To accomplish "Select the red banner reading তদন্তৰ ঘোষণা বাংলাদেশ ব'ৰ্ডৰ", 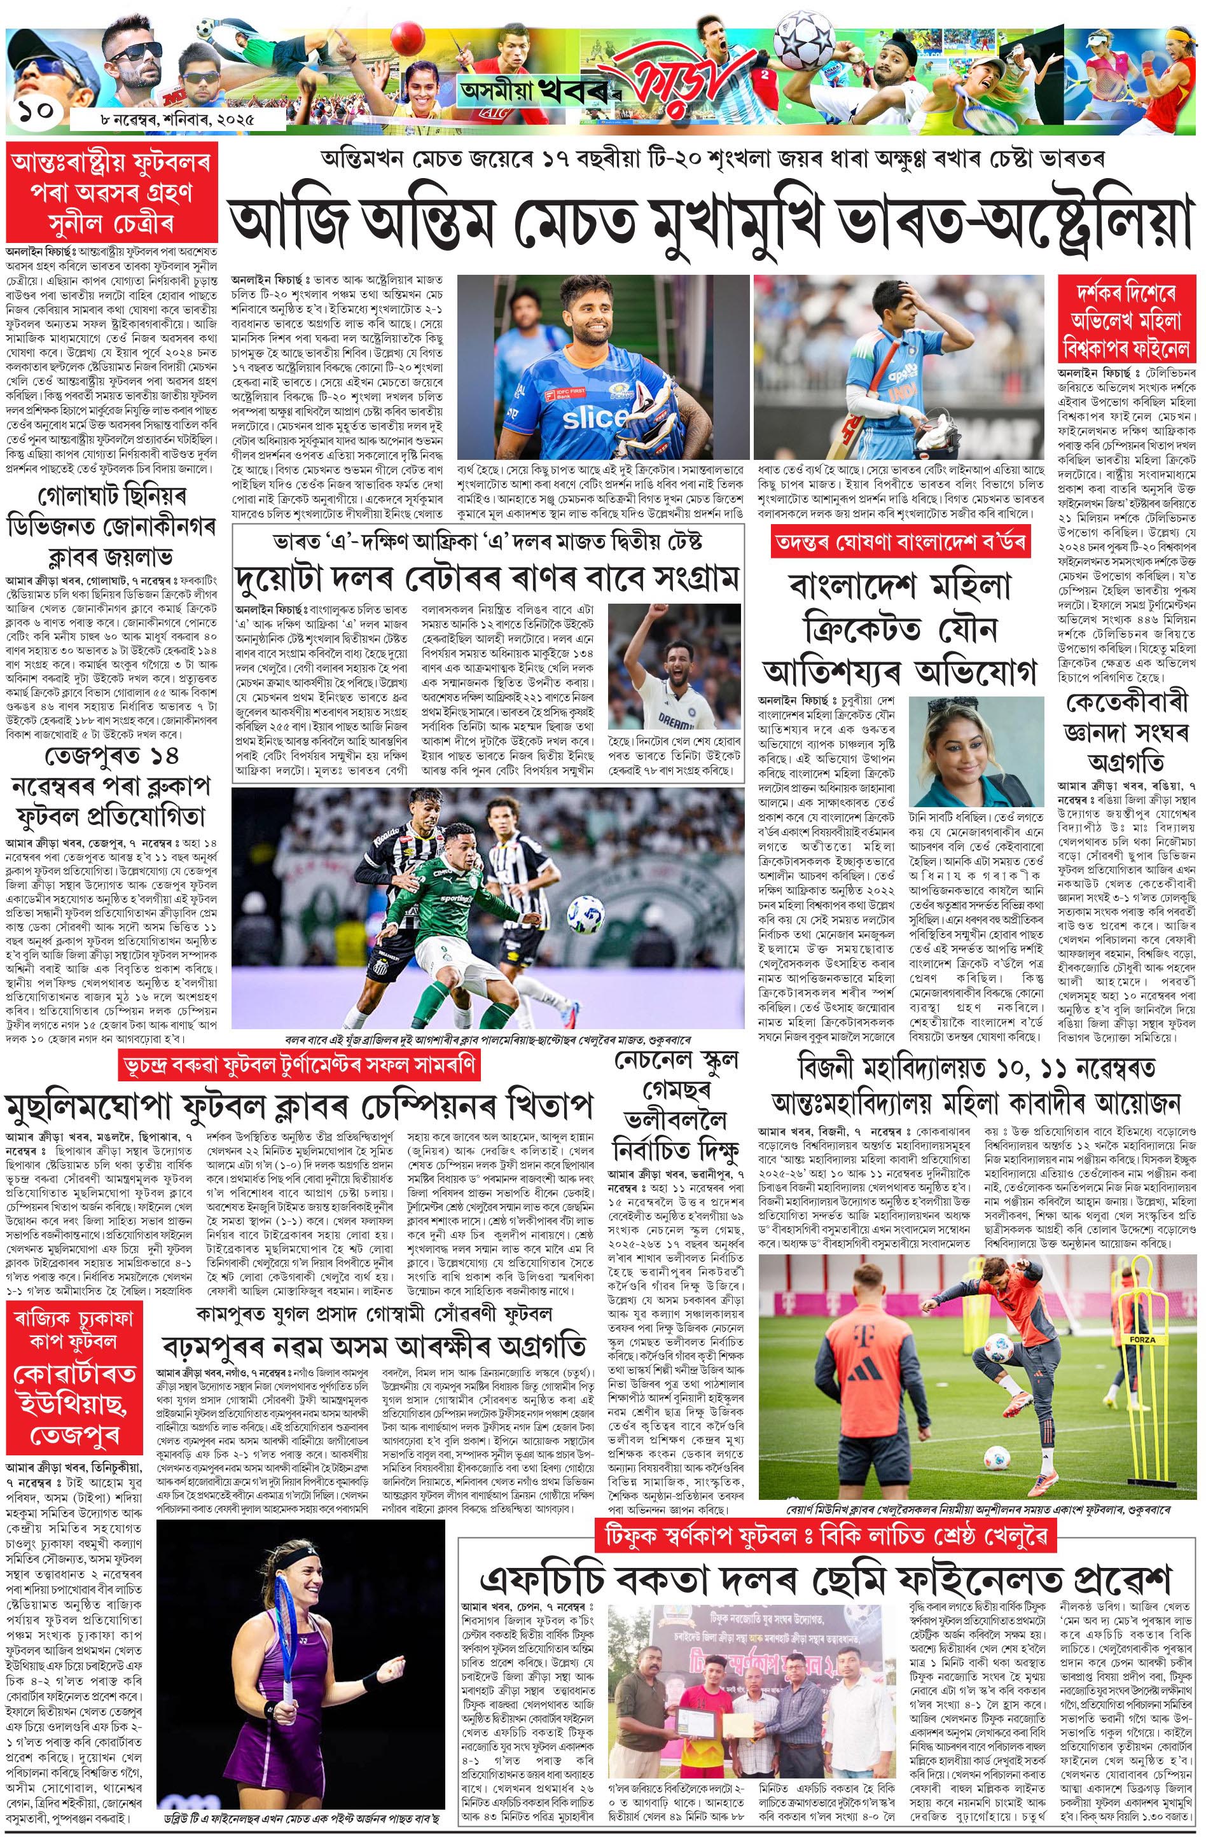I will click(900, 543).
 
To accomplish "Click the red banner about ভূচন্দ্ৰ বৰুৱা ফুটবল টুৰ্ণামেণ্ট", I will click(296, 1067).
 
